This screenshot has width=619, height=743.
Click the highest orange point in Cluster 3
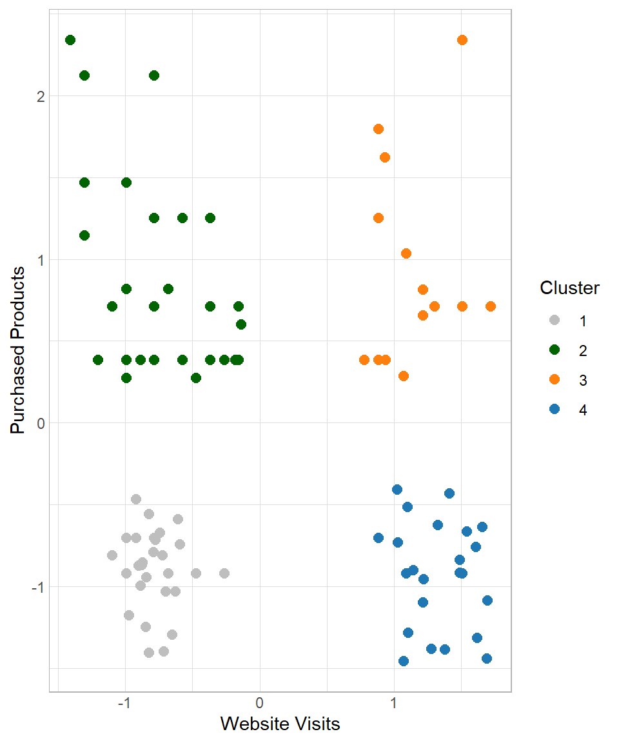[x=462, y=40]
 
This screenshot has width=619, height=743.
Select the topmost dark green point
[x=70, y=40]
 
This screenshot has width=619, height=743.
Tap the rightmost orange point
[x=490, y=306]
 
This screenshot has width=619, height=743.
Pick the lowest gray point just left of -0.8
[x=149, y=653]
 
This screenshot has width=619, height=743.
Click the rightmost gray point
[x=224, y=573]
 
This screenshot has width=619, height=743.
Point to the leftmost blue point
[x=378, y=538]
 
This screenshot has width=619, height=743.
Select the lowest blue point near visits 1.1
[x=404, y=661]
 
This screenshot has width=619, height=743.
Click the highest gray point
[x=136, y=499]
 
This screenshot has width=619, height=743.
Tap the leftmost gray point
[x=112, y=555]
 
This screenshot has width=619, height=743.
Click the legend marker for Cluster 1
[x=554, y=321]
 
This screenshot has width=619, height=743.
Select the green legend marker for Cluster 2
[x=554, y=350]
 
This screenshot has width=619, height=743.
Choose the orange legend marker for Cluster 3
[x=554, y=380]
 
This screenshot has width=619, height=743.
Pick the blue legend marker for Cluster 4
[x=554, y=410]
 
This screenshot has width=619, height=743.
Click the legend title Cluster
[x=569, y=288]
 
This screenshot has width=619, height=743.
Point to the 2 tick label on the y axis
[x=39, y=96]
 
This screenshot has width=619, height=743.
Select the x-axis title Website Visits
[x=280, y=724]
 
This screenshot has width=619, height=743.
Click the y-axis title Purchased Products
[x=19, y=350]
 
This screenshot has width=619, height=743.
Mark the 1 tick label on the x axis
[x=394, y=702]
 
